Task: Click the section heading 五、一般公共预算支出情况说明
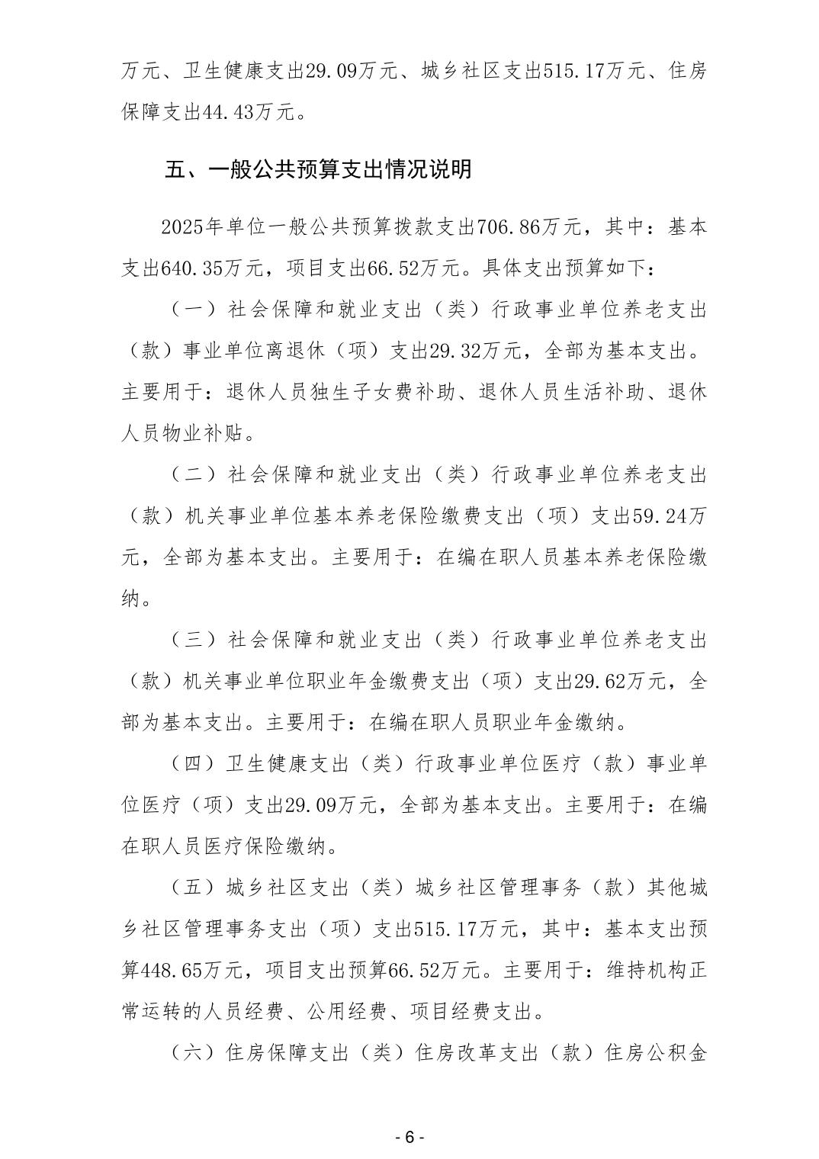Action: click(x=318, y=169)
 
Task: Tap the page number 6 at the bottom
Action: click(x=409, y=1135)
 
